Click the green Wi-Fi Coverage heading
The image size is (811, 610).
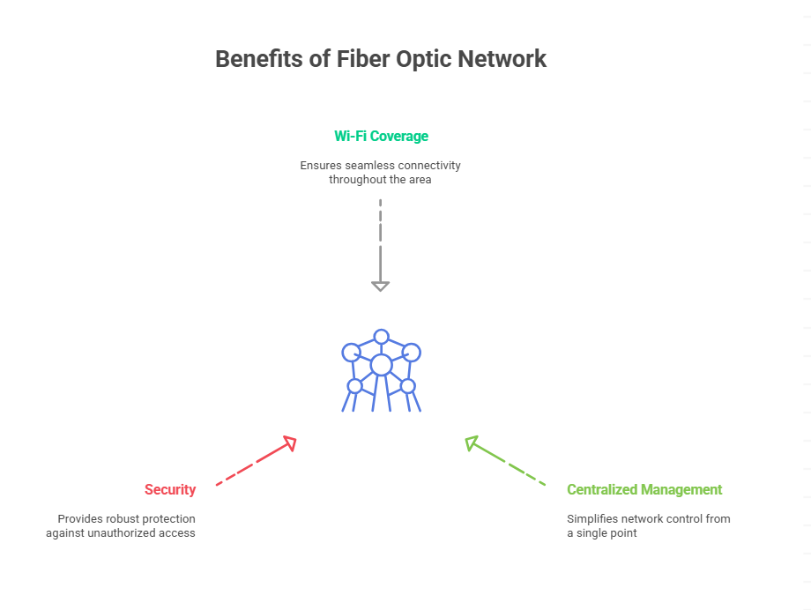point(381,136)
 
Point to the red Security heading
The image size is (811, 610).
point(170,489)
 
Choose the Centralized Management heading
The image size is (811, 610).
point(644,489)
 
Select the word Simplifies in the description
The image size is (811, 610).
point(593,518)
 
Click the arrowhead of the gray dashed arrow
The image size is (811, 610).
point(380,285)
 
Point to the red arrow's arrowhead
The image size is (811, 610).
point(288,443)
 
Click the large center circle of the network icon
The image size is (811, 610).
point(381,365)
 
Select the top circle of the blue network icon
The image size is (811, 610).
point(381,336)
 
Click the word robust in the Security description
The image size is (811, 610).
point(125,518)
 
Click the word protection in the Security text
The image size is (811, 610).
point(170,518)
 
